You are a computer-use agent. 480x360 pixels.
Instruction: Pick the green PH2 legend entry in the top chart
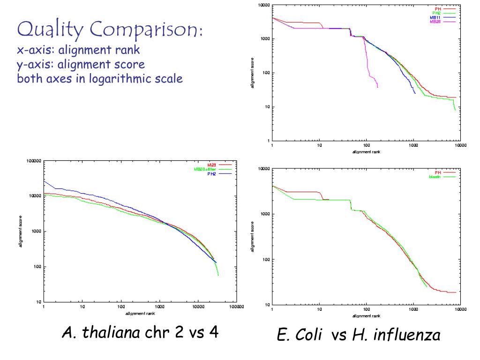(437, 13)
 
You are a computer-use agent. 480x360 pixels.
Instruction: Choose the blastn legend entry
(435, 177)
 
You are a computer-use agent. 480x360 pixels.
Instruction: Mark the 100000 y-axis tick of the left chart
(34, 161)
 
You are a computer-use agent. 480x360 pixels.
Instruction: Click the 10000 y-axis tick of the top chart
(264, 5)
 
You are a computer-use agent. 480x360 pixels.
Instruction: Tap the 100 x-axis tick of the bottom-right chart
(367, 310)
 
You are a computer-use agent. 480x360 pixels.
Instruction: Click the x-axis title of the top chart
(366, 152)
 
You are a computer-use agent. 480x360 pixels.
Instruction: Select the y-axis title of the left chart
(21, 232)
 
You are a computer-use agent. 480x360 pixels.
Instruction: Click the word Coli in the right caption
(309, 336)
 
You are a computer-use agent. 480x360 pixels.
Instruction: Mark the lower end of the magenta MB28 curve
(377, 87)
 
